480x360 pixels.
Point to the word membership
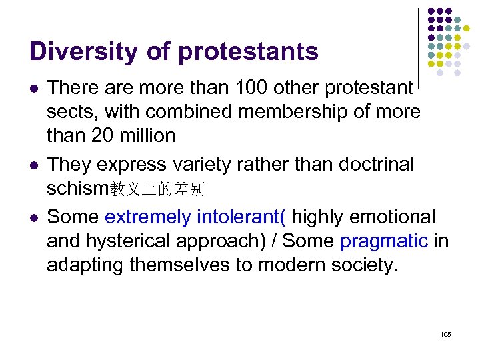[x=291, y=111]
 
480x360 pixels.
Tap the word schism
[x=77, y=189]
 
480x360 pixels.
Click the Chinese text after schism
[x=157, y=190]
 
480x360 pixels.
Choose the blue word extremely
[x=147, y=217]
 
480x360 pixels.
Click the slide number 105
[x=445, y=334]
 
